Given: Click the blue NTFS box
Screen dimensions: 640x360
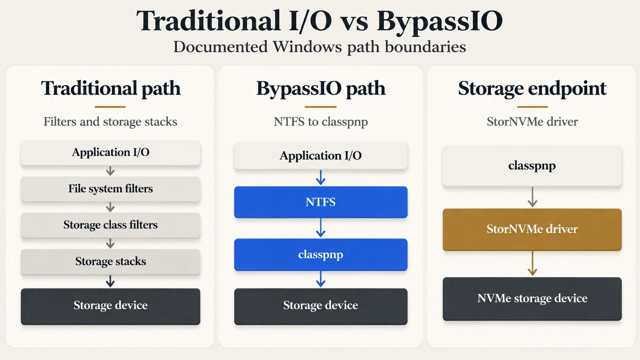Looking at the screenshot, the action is [x=320, y=202].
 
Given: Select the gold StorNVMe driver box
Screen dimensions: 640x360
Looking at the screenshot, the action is [x=532, y=229].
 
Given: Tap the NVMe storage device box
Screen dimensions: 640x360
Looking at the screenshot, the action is [x=532, y=298].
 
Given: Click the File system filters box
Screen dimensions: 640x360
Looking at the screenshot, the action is [x=110, y=189].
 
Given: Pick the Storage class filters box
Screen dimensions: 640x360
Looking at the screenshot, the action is [x=110, y=225].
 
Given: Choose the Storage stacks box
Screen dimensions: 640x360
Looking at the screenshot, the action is [x=110, y=261].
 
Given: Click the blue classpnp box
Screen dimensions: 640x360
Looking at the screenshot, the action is [x=320, y=254].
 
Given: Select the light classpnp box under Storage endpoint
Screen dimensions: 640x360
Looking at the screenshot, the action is [x=532, y=165].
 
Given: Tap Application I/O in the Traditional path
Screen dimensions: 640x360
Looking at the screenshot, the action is [x=110, y=152].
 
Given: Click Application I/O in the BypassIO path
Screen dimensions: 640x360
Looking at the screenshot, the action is [x=320, y=155].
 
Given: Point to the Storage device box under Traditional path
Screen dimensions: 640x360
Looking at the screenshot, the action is [x=110, y=306].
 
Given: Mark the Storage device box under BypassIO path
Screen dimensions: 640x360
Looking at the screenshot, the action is [x=320, y=306].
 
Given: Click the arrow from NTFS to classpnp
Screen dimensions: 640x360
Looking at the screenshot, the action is [x=320, y=228].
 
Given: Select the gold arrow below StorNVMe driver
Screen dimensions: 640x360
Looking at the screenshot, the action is [x=532, y=263].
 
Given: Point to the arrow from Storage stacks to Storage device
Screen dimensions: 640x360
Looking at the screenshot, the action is [x=110, y=281].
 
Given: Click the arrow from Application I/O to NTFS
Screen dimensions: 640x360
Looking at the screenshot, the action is [x=320, y=177].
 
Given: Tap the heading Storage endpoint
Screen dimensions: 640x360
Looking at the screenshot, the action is [x=532, y=88].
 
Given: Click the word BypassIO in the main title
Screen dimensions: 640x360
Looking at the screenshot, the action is [x=439, y=21].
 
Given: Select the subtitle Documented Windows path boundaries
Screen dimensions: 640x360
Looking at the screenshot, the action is [x=319, y=47].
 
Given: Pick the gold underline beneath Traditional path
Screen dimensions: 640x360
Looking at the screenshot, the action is [x=110, y=107].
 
